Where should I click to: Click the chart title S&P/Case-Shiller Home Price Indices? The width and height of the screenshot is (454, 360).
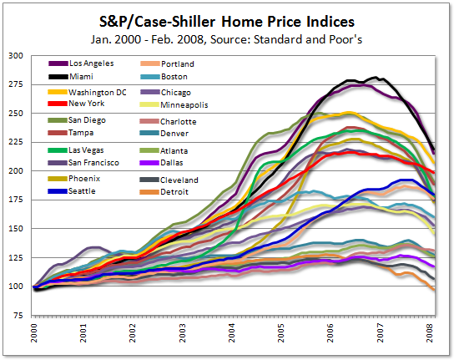pyautogui.click(x=227, y=22)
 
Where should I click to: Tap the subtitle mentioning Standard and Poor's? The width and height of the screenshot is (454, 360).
pyautogui.click(x=226, y=39)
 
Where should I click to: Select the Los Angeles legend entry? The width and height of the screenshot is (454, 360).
pyautogui.click(x=81, y=63)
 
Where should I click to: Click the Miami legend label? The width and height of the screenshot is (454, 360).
pyautogui.click(x=81, y=77)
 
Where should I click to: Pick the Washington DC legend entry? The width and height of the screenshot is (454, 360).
pyautogui.click(x=87, y=92)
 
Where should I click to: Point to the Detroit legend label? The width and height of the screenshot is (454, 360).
pyautogui.click(x=174, y=191)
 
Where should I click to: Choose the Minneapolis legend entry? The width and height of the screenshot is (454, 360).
pyautogui.click(x=174, y=104)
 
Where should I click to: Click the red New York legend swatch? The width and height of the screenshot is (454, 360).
pyautogui.click(x=58, y=104)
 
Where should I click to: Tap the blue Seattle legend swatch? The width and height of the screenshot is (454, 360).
pyautogui.click(x=58, y=191)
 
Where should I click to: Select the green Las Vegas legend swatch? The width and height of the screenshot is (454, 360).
pyautogui.click(x=58, y=150)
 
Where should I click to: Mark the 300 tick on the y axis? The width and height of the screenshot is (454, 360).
pyautogui.click(x=16, y=55)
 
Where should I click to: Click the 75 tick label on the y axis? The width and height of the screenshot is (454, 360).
pyautogui.click(x=18, y=316)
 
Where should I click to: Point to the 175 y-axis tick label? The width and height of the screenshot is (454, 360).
pyautogui.click(x=16, y=200)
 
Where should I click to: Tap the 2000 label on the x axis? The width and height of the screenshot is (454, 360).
pyautogui.click(x=34, y=332)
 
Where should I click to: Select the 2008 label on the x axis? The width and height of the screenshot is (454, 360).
pyautogui.click(x=430, y=332)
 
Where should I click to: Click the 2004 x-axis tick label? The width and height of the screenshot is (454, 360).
pyautogui.click(x=232, y=332)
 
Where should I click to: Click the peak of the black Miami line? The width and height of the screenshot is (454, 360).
pyautogui.click(x=376, y=77)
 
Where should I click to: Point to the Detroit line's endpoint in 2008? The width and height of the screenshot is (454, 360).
pyautogui.click(x=434, y=289)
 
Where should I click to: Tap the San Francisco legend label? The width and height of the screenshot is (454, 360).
pyautogui.click(x=93, y=163)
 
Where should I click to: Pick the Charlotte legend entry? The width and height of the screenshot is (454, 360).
pyautogui.click(x=168, y=121)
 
